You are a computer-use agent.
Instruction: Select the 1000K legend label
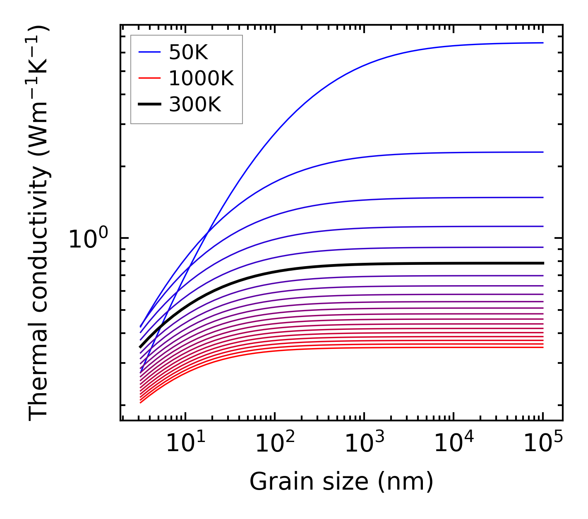point(201,78)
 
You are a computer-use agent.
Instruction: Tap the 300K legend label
point(195,105)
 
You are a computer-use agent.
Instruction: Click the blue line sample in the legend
point(149,52)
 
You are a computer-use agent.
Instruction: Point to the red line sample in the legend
point(149,78)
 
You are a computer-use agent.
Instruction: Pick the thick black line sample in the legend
point(149,105)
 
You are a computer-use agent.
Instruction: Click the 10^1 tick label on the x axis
point(185,444)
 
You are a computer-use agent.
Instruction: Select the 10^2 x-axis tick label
point(275,444)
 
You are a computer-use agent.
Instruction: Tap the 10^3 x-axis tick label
point(364,444)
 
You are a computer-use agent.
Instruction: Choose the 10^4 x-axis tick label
point(454,444)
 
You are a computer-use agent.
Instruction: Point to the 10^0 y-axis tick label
point(88,239)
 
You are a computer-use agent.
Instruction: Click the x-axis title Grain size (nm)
point(341,482)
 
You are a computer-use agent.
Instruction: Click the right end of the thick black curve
point(542,263)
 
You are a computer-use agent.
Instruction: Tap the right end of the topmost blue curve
point(542,43)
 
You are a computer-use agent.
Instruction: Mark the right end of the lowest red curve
point(542,347)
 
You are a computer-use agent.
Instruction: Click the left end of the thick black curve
point(141,347)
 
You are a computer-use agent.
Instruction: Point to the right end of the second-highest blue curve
point(542,152)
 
